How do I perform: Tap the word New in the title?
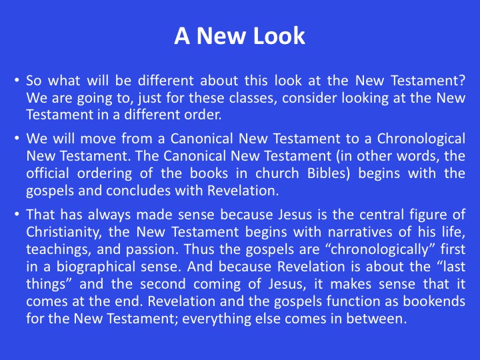[222, 36]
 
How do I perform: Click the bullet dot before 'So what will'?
[17, 81]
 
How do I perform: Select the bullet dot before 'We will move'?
[17, 139]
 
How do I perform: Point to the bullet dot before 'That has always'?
[17, 214]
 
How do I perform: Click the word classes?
[253, 98]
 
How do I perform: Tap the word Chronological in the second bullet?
[421, 139]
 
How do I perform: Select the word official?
[47, 173]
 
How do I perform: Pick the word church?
[277, 173]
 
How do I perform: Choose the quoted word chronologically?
[380, 249]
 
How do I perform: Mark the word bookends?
[434, 301]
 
